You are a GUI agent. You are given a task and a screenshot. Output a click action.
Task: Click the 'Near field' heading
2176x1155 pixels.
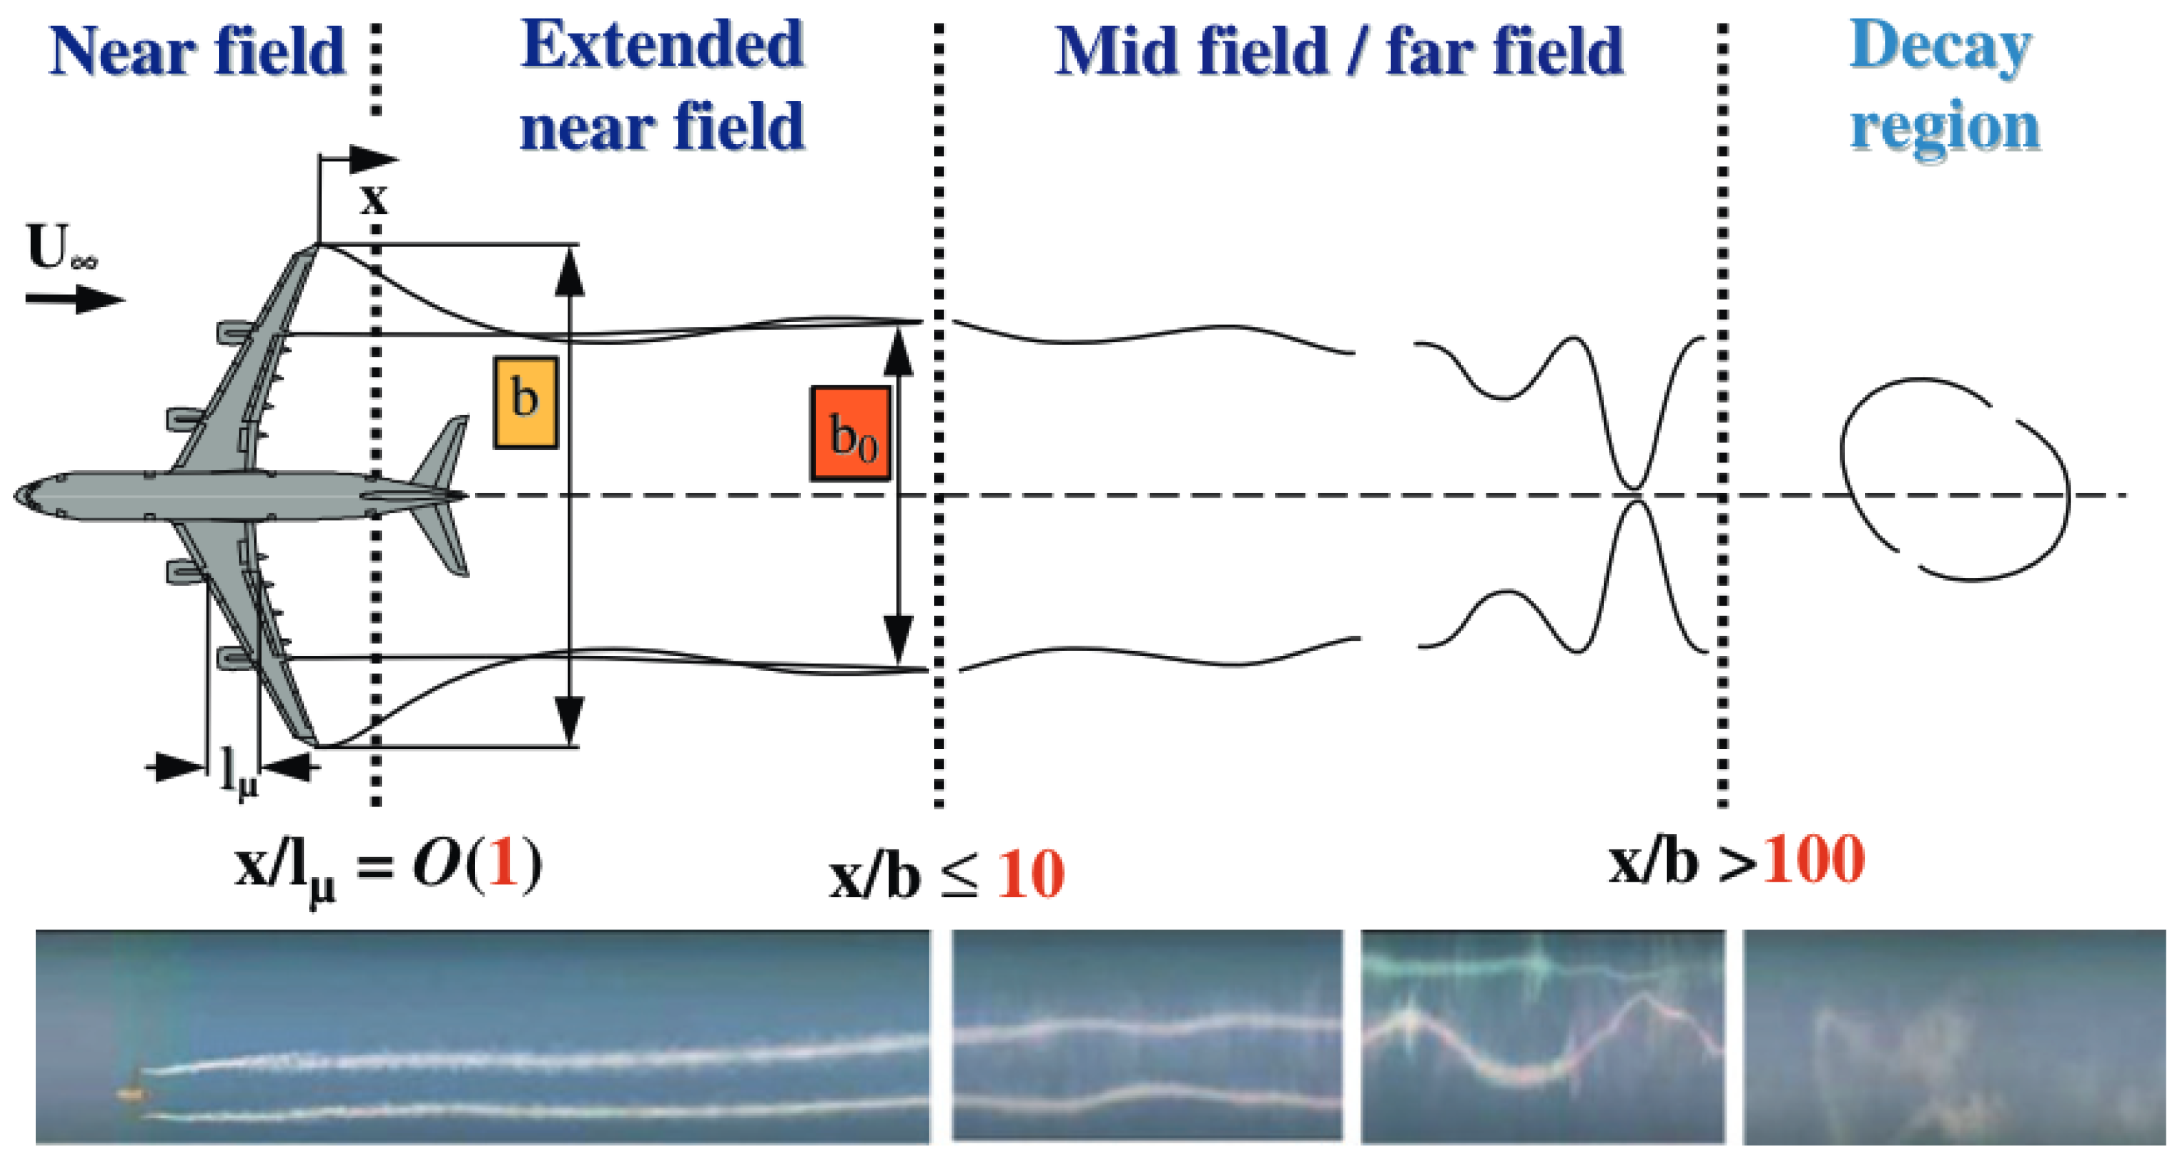pos(197,52)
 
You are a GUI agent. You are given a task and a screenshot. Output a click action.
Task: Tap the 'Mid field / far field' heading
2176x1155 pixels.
pos(1340,52)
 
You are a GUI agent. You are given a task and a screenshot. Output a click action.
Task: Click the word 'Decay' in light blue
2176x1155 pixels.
pos(1941,47)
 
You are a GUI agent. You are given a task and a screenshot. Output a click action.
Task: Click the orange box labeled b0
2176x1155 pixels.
pos(851,434)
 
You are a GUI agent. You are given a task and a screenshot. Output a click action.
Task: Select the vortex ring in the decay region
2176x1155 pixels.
pos(1954,480)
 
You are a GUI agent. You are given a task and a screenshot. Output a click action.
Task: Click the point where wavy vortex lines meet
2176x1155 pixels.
pos(1635,495)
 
